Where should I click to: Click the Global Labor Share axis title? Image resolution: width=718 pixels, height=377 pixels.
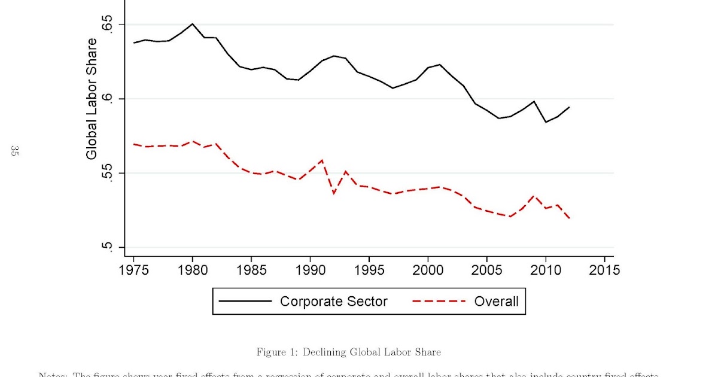coord(92,99)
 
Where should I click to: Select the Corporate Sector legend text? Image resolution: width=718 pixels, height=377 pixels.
coord(333,301)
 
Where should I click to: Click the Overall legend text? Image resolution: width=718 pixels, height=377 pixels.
coord(496,301)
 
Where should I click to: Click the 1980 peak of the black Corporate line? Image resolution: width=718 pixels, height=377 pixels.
coord(192,24)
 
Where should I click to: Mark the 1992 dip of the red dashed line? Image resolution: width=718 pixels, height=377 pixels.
coord(333,193)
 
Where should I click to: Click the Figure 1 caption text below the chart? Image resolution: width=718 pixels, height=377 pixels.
coord(349,352)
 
